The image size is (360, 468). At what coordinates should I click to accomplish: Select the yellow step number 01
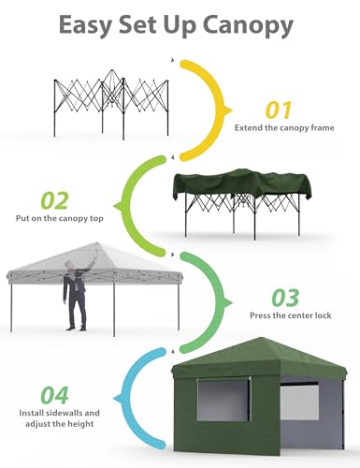[279, 110]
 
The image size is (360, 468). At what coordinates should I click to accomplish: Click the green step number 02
[54, 200]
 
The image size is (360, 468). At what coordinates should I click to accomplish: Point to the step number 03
[285, 298]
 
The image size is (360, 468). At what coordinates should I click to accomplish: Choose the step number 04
[54, 395]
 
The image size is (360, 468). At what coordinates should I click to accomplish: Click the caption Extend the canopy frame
[284, 127]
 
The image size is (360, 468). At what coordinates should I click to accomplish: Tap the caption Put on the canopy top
[60, 218]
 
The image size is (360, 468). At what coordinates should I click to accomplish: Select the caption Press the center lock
[291, 315]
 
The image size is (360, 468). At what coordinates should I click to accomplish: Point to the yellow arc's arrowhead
[228, 110]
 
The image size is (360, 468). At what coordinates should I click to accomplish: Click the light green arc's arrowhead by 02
[118, 206]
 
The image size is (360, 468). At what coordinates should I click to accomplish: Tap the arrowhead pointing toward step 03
[228, 302]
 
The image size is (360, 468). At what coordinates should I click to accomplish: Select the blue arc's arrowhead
[118, 399]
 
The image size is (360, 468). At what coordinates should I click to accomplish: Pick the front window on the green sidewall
[223, 402]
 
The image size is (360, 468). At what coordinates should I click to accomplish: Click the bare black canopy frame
[111, 105]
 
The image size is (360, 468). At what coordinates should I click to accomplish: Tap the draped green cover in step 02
[241, 183]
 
